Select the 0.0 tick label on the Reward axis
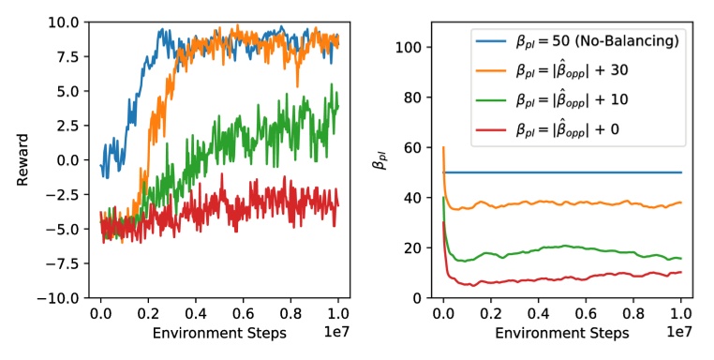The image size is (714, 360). [x=69, y=159]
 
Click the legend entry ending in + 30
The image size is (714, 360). [x=589, y=70]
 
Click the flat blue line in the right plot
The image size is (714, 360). [x=562, y=172]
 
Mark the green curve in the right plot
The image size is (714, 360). [x=562, y=248]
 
